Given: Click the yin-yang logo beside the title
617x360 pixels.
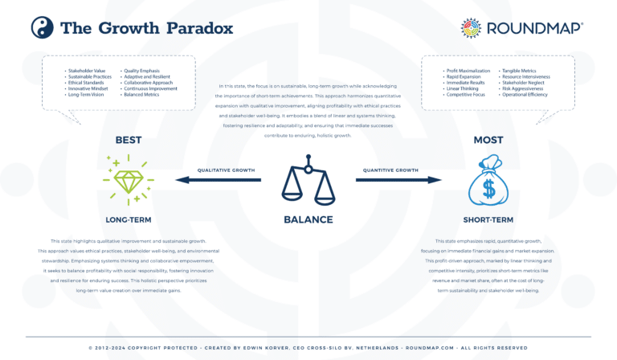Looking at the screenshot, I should click(41, 28).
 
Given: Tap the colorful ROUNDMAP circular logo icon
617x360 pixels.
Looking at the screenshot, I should click(472, 28).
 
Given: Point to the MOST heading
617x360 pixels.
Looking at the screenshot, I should click(488, 140).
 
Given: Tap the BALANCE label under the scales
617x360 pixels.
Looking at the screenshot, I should click(308, 219).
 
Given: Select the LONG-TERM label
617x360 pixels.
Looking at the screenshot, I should click(129, 218).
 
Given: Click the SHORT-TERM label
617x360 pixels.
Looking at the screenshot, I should click(488, 218).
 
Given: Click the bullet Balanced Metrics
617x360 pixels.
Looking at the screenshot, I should click(142, 94).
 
